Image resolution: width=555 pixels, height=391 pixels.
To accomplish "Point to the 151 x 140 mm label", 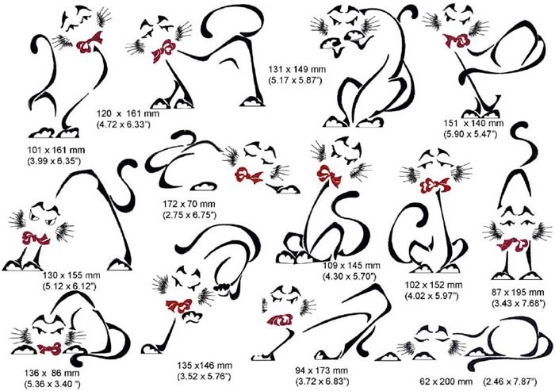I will pyautogui.click(x=473, y=124).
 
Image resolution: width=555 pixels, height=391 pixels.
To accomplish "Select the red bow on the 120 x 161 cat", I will pyautogui.click(x=164, y=49).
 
